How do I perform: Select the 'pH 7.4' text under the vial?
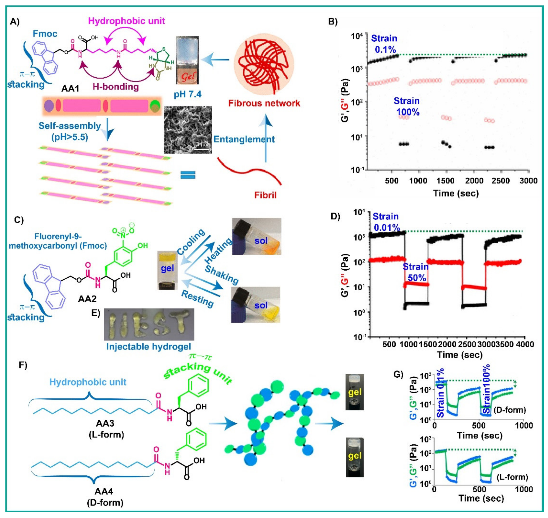point(188,94)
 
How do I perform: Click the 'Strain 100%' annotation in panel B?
point(407,107)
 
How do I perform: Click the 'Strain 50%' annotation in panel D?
point(416,272)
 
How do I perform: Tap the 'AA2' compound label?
point(87,299)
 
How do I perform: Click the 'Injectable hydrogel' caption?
point(149,347)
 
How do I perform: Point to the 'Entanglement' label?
point(244,139)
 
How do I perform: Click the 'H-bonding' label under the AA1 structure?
point(116,87)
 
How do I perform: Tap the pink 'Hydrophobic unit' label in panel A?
point(126,21)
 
